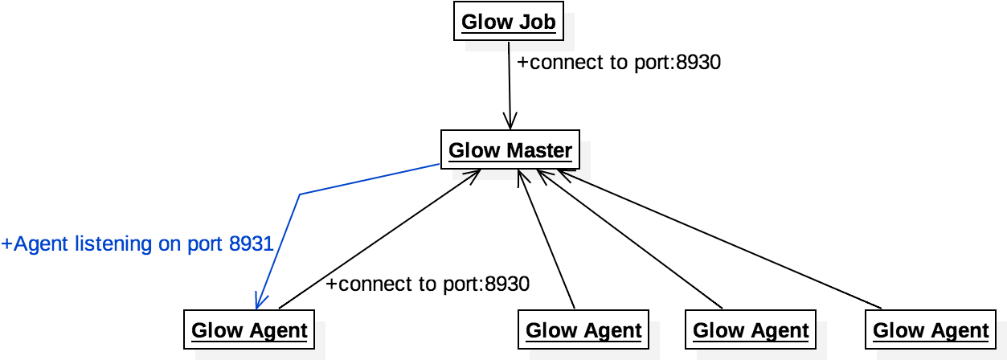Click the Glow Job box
(x=509, y=22)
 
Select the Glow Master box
(x=510, y=150)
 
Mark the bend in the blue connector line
(x=300, y=194)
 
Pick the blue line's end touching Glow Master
(x=439, y=165)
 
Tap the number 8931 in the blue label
(x=252, y=243)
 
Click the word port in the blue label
(x=206, y=243)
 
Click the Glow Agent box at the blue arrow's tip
(x=249, y=330)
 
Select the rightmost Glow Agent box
(x=931, y=330)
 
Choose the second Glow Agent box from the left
(x=583, y=330)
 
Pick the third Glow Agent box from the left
(x=751, y=330)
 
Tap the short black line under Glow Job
(x=509, y=46)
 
